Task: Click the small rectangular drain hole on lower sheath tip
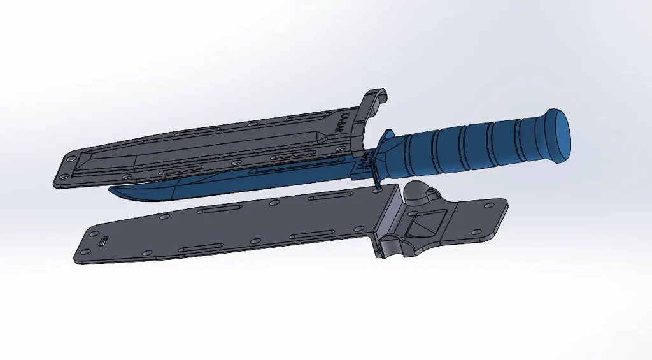click(104, 241)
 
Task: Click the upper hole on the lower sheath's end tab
click(490, 205)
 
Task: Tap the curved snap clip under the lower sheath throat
click(391, 248)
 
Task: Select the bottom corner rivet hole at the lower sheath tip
click(85, 252)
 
